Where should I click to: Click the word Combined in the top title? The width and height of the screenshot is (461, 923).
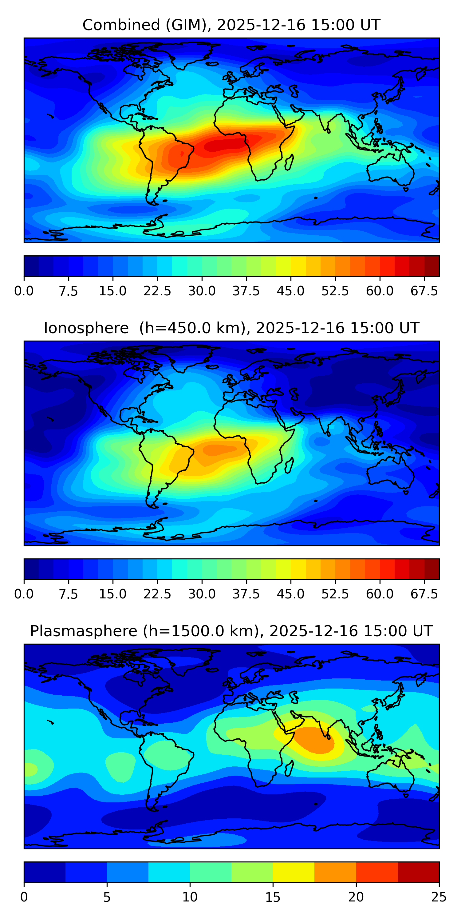121,25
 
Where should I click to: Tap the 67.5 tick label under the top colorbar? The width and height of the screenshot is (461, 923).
424,291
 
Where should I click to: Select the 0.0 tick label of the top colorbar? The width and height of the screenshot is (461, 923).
24,291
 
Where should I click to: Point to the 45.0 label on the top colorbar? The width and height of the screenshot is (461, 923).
291,291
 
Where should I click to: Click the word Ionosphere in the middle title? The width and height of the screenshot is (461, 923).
86,328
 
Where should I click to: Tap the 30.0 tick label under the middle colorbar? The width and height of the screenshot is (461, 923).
202,594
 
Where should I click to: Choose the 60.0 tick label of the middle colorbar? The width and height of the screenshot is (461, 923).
380,594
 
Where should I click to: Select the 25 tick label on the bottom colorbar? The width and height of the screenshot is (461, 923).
439,897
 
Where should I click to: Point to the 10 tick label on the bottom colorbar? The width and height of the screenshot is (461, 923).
190,897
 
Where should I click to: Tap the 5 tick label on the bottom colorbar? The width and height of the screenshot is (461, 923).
107,897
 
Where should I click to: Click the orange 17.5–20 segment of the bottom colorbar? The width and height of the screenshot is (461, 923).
335,872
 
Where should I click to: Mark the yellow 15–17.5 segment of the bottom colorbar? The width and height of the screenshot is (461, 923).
294,872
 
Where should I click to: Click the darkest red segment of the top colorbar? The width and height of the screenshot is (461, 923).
432,266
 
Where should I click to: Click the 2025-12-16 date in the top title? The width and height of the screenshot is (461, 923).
261,25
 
